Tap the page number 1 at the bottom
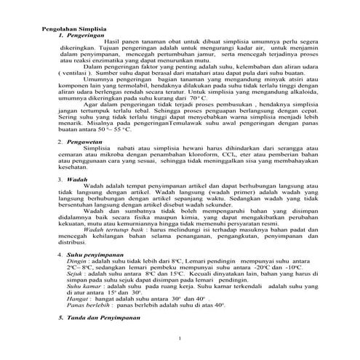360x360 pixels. click(179, 339)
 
